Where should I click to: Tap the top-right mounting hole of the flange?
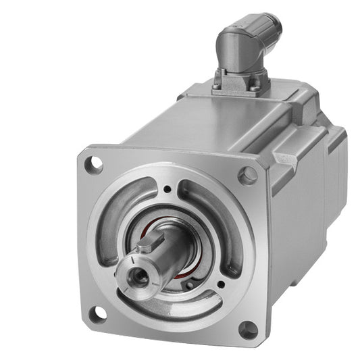[249, 176]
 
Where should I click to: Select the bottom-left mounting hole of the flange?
[99, 311]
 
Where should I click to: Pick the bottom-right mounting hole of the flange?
[249, 329]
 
